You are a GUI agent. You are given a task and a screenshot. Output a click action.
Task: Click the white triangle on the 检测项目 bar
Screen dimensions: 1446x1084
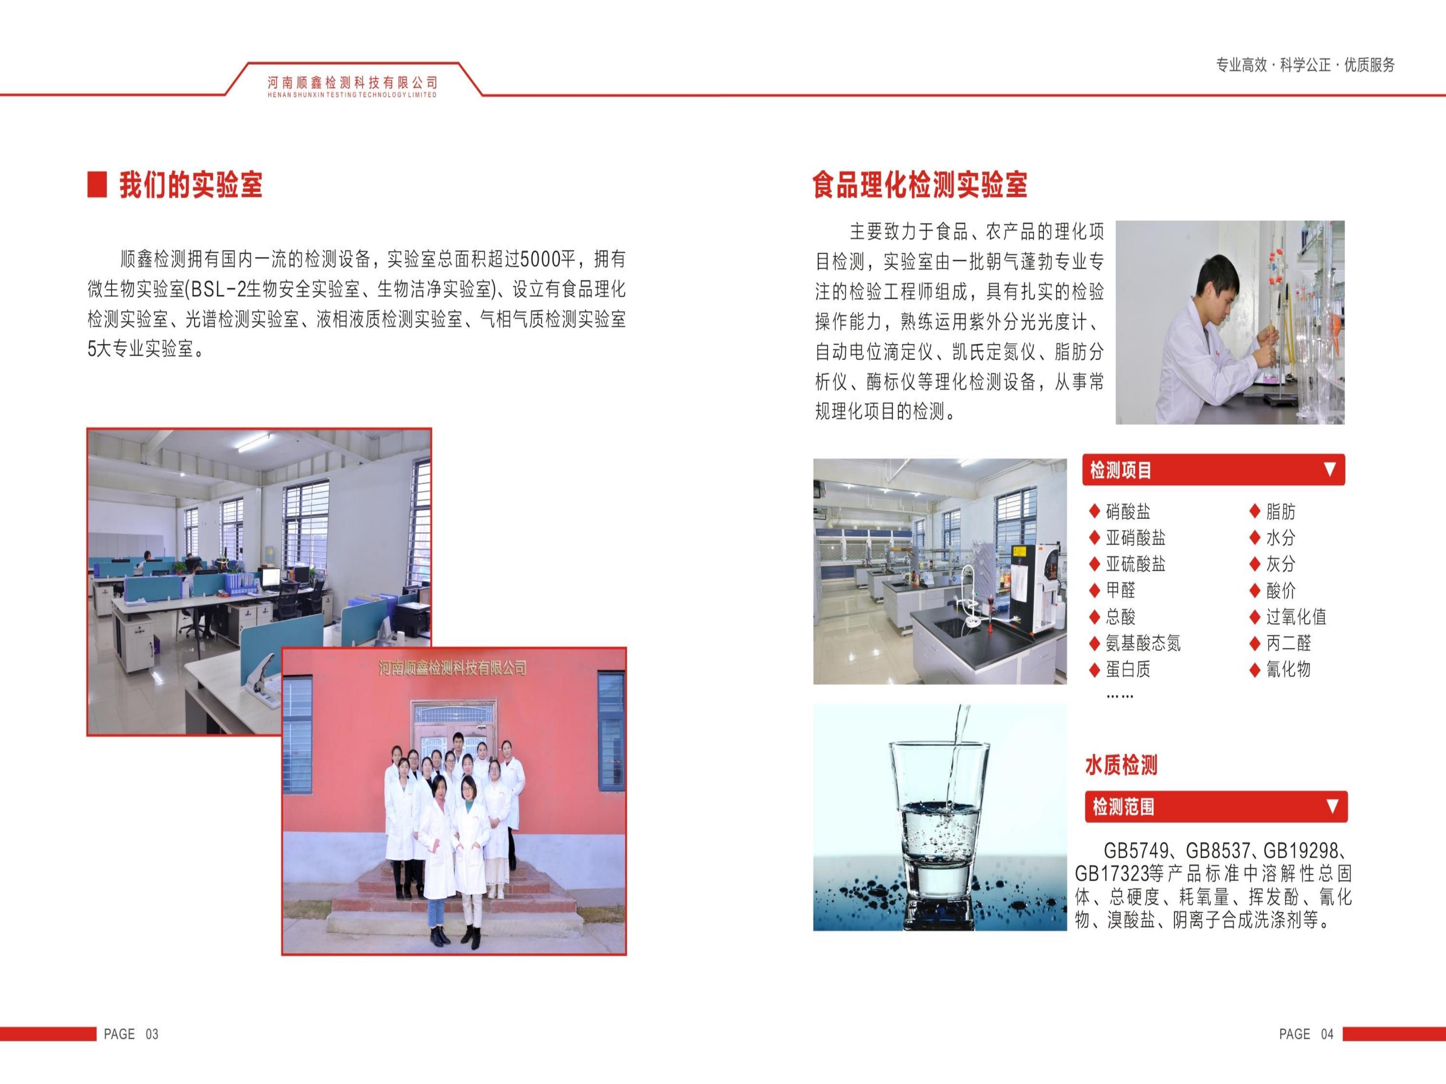(x=1329, y=469)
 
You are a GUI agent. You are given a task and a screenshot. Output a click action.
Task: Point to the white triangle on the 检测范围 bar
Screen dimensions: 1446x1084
(x=1332, y=806)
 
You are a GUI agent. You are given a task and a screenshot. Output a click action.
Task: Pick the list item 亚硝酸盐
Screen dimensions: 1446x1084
(x=1136, y=538)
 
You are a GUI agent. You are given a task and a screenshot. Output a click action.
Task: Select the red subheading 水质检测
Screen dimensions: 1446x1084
(x=1121, y=765)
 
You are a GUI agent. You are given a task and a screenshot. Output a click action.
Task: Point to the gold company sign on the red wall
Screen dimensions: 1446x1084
(x=453, y=667)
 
